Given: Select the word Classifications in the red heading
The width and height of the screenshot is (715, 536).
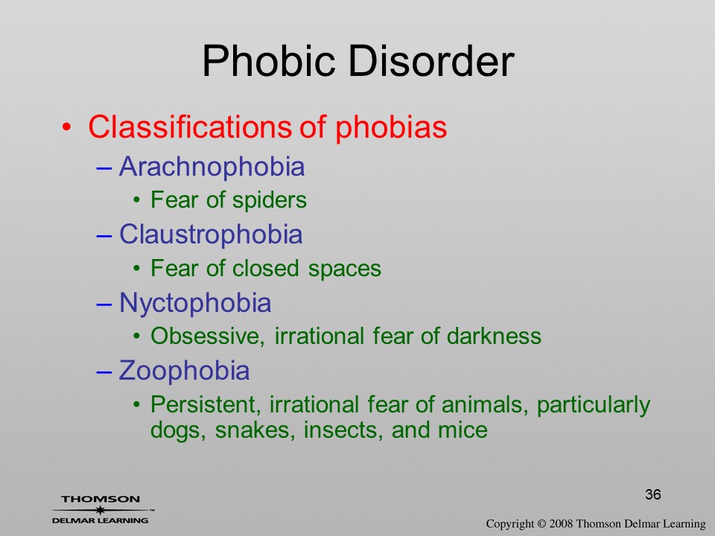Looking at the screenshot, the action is [190, 127].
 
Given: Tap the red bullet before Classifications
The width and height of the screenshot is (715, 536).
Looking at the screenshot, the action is [66, 127].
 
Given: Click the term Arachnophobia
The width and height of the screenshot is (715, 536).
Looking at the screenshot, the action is [212, 166].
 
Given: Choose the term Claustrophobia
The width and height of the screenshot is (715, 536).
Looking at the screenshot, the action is [211, 234].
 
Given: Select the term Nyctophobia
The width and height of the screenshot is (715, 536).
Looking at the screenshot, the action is [195, 303].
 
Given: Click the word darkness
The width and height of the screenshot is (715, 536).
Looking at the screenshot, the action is [494, 336].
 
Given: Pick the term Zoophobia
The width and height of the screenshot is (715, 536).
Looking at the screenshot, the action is [184, 370].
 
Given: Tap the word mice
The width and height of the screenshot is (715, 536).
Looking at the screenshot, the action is [463, 430].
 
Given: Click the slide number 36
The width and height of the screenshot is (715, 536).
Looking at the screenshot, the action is [653, 494].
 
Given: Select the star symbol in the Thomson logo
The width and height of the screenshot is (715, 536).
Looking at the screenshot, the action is [101, 509].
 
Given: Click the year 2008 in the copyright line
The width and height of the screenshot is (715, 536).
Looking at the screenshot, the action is [561, 523].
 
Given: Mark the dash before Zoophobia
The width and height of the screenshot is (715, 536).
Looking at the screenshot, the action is [104, 371].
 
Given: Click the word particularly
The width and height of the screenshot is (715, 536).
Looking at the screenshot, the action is [594, 405].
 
